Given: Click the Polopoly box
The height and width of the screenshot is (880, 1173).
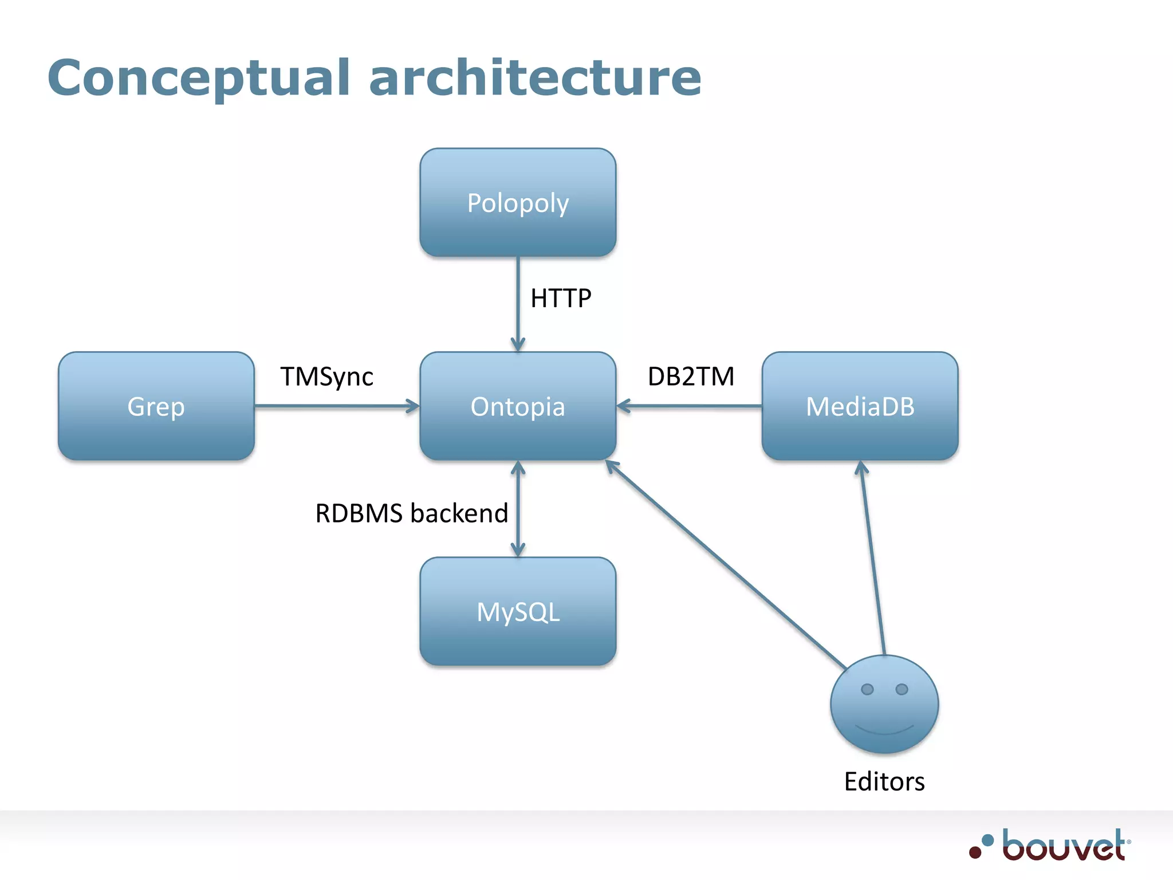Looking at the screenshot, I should [x=518, y=202].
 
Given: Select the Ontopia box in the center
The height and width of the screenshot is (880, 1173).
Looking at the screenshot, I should [x=518, y=406].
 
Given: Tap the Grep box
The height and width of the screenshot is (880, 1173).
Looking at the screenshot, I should [x=156, y=406].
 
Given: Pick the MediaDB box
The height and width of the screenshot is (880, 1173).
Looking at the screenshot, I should [x=860, y=406].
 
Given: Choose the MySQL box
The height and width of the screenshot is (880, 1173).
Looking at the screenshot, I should [x=518, y=611].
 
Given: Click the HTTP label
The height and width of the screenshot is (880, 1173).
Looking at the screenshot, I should [x=560, y=298].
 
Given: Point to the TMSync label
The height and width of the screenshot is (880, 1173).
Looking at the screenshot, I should [x=326, y=376].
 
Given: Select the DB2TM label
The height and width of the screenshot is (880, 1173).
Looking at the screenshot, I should [x=691, y=376].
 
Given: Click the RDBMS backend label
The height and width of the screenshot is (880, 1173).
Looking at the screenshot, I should [x=411, y=513].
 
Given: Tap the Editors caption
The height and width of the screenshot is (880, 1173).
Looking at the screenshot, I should [x=884, y=781].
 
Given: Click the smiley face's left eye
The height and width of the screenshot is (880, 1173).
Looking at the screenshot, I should [x=867, y=689].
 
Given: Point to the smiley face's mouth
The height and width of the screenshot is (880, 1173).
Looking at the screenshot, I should [x=884, y=730].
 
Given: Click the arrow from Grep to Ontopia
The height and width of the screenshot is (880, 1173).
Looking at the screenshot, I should [x=338, y=406].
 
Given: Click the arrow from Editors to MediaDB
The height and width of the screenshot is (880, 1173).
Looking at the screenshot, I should [x=873, y=559].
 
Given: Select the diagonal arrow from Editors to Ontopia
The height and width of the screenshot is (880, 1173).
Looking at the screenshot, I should [x=725, y=564].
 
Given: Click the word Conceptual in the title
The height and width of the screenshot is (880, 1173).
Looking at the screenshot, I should [x=198, y=78].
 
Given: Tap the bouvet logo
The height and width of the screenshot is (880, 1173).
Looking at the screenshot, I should [x=1050, y=846].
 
